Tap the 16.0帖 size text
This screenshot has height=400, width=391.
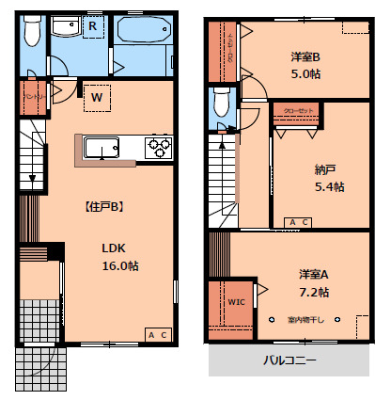tap(120, 266)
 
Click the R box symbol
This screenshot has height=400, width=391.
tap(93, 26)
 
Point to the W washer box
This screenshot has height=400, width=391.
tap(97, 95)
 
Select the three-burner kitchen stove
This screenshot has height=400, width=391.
tap(157, 148)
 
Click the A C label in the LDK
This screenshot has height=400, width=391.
tap(157, 335)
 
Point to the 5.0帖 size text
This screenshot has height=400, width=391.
tap(305, 74)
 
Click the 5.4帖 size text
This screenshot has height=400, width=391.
tap(329, 186)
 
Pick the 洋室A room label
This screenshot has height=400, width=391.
tap(314, 274)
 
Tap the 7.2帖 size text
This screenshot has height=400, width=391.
tap(316, 291)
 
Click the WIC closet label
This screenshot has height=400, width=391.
tap(236, 302)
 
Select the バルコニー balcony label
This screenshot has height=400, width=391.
tap(289, 360)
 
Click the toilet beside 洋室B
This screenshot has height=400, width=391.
tap(223, 99)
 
